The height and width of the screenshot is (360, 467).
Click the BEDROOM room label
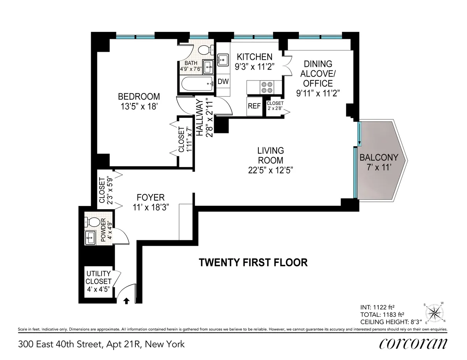139,96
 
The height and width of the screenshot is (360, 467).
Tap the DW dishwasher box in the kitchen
223,82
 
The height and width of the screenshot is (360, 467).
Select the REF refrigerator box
254,106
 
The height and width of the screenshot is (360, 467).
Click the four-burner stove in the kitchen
266,87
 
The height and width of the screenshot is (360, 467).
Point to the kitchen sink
223,59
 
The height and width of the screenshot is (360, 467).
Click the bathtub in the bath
196,82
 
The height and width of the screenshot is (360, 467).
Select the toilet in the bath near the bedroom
205,50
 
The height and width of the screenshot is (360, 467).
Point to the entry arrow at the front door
126,301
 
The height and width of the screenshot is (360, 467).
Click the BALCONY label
379,157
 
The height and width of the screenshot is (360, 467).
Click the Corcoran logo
413,344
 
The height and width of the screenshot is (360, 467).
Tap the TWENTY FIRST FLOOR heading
253,262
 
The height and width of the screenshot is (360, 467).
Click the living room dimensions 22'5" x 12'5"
270,170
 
